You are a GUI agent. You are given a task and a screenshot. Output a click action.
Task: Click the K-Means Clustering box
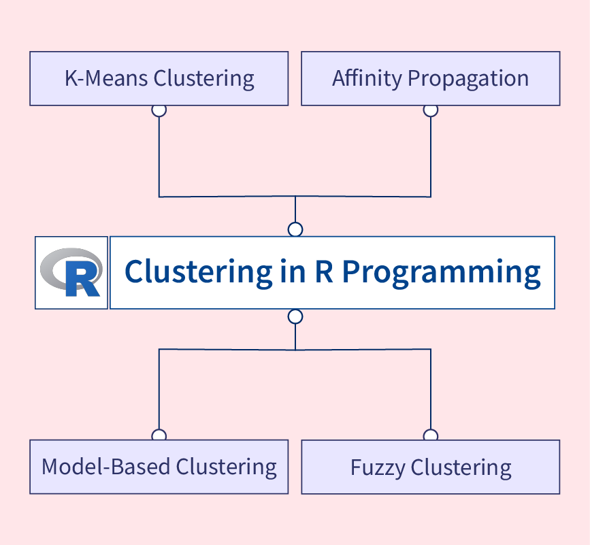pyautogui.click(x=159, y=78)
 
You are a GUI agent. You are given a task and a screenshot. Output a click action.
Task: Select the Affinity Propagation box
pyautogui.click(x=430, y=78)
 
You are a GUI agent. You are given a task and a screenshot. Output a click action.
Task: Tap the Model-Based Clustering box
pyautogui.click(x=159, y=467)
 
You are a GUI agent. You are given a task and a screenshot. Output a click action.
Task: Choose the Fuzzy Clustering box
pyautogui.click(x=430, y=467)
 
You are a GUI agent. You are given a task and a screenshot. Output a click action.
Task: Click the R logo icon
pyautogui.click(x=71, y=273)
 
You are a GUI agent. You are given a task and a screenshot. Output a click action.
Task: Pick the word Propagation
pyautogui.click(x=468, y=78)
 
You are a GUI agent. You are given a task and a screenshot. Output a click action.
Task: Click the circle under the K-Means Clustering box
pyautogui.click(x=159, y=110)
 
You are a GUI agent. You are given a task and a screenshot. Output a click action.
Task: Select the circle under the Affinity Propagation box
pyautogui.click(x=430, y=110)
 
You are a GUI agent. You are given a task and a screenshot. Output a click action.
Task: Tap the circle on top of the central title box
pyautogui.click(x=295, y=229)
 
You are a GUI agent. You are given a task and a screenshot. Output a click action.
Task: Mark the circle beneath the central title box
pyautogui.click(x=295, y=316)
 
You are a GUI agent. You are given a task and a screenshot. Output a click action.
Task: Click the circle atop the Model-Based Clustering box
pyautogui.click(x=159, y=435)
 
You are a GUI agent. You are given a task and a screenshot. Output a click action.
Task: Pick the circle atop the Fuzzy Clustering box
pyautogui.click(x=430, y=435)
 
